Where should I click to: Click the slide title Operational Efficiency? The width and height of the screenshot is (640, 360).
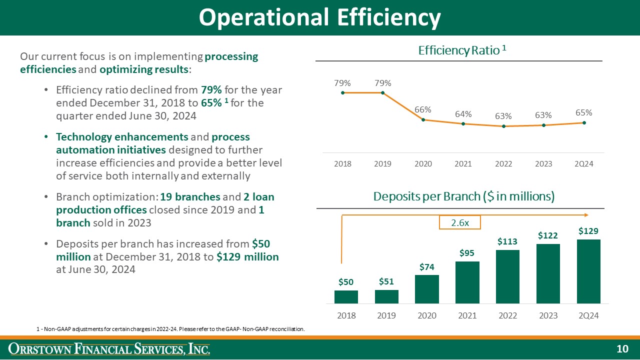coord(319,17)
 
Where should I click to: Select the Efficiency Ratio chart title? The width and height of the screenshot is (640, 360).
coord(462,50)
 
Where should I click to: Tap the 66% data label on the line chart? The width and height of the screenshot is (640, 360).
coord(423,109)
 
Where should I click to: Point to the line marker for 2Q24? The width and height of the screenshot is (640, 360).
coord(584,122)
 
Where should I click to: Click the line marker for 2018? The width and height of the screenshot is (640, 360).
coord(342,92)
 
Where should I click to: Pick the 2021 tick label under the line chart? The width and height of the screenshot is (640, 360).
coord(463,164)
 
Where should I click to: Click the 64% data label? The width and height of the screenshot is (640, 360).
coord(463,114)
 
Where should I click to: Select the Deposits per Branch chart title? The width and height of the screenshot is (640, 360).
coord(463,196)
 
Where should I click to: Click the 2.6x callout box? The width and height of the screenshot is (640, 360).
coord(459,222)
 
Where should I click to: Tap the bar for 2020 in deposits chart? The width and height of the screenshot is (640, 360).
coord(426,289)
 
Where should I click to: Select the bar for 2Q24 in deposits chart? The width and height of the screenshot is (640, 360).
coord(588,271)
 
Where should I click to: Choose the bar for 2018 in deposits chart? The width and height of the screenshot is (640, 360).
coord(346,296)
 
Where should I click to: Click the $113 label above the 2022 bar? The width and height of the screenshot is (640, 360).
coord(507,241)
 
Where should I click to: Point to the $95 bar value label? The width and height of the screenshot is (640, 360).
coord(467,253)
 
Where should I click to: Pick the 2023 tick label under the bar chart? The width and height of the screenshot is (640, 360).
coord(548,315)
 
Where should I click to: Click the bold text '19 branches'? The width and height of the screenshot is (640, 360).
coord(190,197)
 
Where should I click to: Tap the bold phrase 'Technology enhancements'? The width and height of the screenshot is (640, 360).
coord(122,137)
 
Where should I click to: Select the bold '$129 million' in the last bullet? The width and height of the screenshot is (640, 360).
coord(247,257)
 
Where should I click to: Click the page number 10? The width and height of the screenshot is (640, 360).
coord(622,349)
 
